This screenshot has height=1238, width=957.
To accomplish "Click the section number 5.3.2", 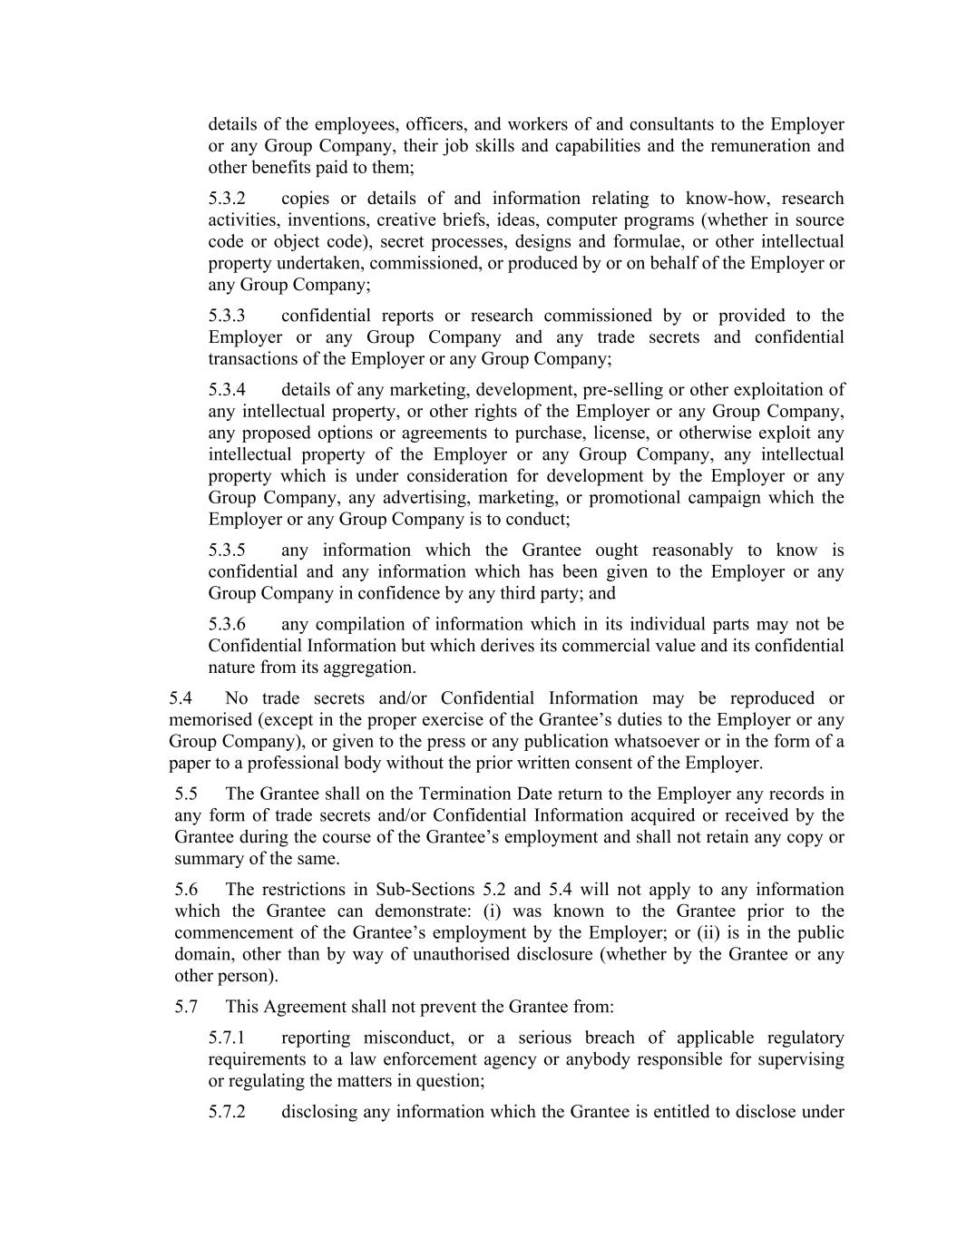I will pos(227,199).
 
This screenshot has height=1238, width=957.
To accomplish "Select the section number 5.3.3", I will pos(227,316).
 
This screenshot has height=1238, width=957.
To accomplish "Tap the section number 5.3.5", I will pos(227,551).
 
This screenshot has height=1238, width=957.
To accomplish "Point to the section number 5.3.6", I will pos(227,625).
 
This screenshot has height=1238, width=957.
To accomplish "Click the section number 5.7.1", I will pos(227,1038).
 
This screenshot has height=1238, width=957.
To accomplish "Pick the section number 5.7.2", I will pos(227,1112).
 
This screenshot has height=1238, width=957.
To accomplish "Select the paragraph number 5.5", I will pos(186,794).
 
